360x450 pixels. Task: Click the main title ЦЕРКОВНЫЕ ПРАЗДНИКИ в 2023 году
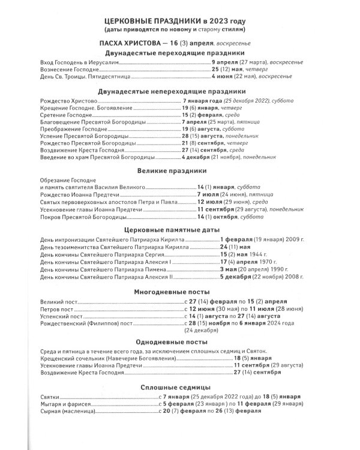(180, 20)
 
